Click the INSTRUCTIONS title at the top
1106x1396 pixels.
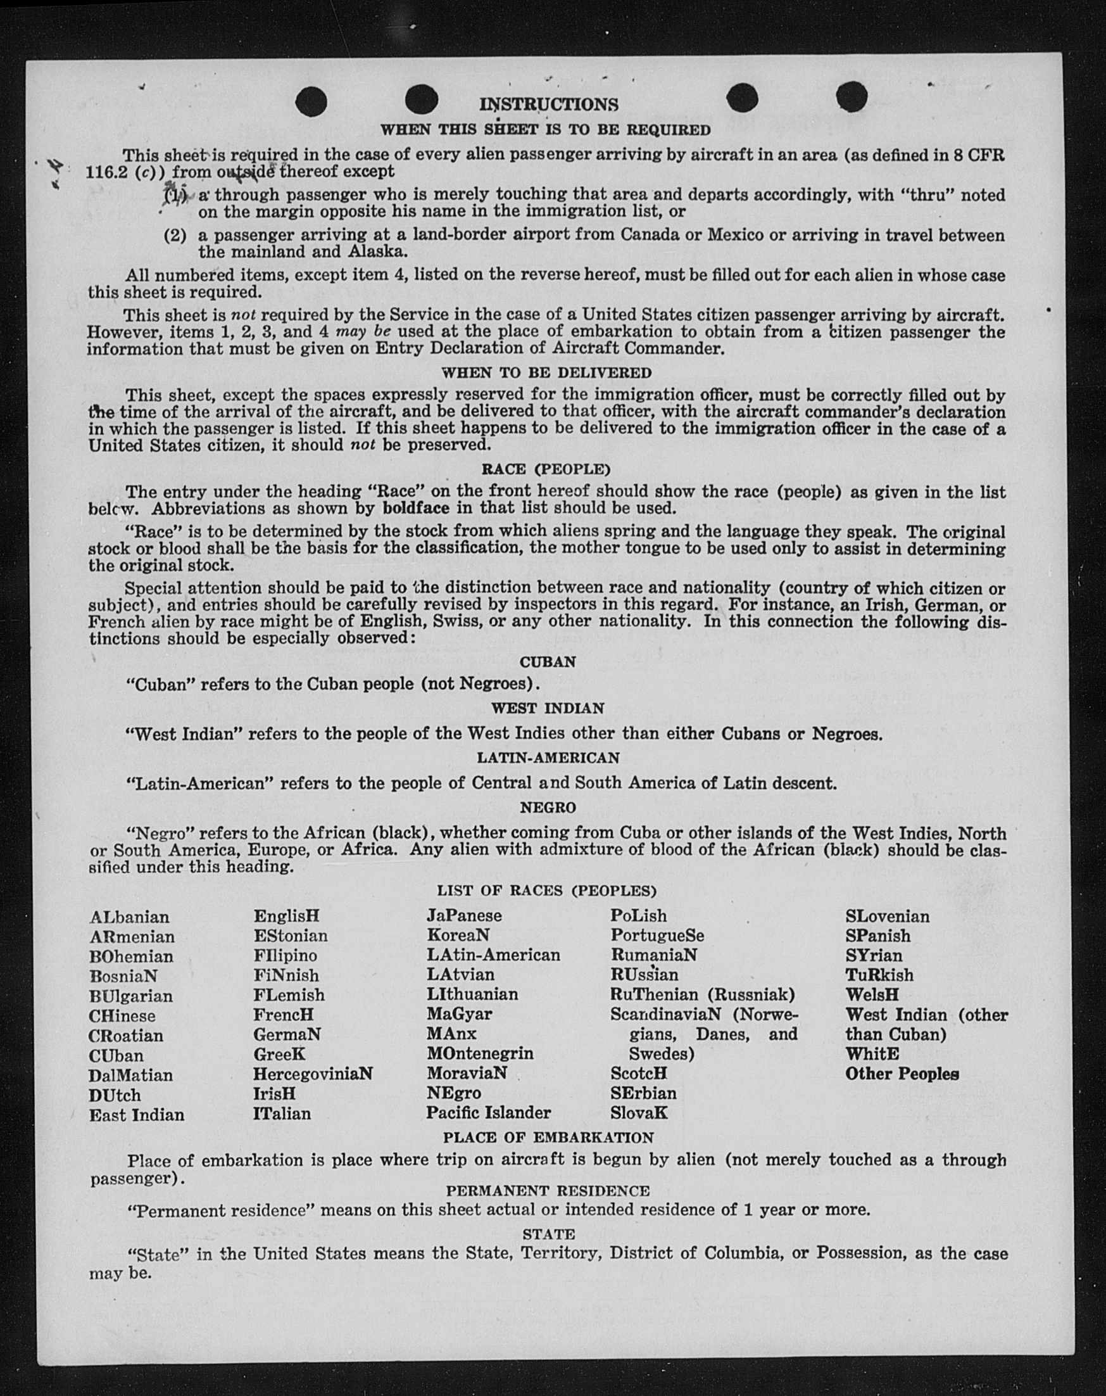(x=549, y=105)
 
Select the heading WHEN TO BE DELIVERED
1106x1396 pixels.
(x=546, y=373)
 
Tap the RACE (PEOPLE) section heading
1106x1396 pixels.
(x=546, y=469)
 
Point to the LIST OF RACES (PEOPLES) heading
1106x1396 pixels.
(x=547, y=891)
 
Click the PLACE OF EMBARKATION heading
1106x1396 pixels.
(x=548, y=1138)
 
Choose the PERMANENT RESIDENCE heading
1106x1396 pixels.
(x=548, y=1191)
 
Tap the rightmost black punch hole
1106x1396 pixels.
(x=851, y=97)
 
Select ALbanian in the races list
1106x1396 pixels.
(x=129, y=918)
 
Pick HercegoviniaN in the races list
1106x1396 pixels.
(x=313, y=1074)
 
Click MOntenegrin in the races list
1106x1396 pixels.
(x=479, y=1053)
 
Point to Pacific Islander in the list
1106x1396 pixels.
(x=488, y=1112)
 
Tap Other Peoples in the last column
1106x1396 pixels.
(x=902, y=1074)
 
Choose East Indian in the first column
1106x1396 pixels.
(x=137, y=1115)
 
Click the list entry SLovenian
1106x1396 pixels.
(x=886, y=917)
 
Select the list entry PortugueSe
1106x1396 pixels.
(x=657, y=936)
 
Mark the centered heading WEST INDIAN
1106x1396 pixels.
(x=548, y=708)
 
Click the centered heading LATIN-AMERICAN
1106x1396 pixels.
(x=548, y=758)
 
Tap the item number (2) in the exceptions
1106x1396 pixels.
(x=175, y=235)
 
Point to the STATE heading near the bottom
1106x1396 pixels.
(x=549, y=1234)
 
